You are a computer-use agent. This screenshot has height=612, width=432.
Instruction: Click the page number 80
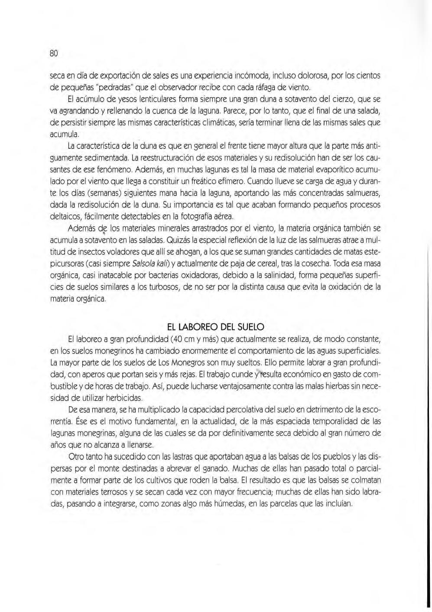coord(54,54)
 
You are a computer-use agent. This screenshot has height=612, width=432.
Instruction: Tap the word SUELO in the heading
coord(252,326)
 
